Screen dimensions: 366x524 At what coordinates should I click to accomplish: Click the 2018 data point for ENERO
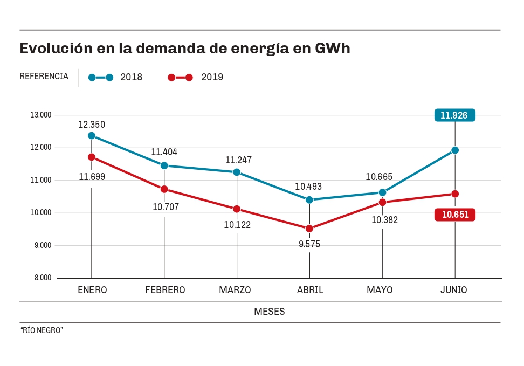(92, 136)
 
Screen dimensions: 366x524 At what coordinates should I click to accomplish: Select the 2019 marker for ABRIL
(309, 229)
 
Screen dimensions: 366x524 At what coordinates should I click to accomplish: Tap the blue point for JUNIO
(455, 150)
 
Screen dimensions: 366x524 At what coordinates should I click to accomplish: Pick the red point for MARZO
(237, 209)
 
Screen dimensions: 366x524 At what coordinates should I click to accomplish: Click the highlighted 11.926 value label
(454, 115)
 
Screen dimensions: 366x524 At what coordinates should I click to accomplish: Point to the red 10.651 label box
(455, 215)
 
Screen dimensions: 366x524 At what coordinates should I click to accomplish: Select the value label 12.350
(92, 125)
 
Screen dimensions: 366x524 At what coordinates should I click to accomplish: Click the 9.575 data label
(309, 244)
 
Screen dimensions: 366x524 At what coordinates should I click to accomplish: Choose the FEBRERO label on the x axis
(165, 290)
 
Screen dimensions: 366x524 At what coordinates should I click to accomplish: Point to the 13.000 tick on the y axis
(40, 115)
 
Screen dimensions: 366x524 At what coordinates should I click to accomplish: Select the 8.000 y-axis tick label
(40, 278)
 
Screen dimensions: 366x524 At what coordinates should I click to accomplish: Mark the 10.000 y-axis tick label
(40, 213)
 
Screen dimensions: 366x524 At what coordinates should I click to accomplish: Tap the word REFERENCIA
(44, 77)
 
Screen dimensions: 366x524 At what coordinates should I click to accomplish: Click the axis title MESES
(270, 312)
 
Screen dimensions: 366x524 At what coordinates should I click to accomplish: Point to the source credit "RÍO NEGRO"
(42, 330)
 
